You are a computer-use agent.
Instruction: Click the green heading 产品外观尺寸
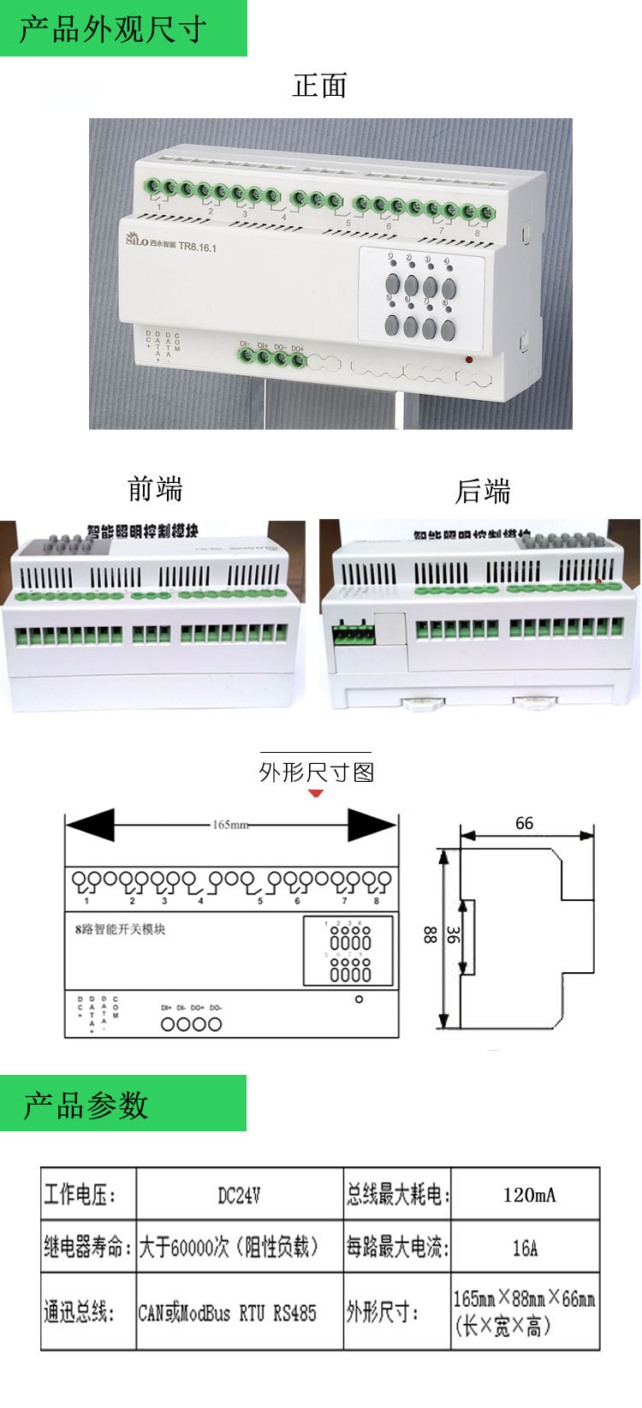(113, 29)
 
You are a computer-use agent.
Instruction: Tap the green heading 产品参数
(86, 1105)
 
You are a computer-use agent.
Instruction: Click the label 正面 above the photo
(319, 86)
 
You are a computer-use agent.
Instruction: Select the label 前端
(155, 489)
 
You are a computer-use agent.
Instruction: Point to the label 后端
(483, 492)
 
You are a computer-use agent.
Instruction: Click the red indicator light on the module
(469, 359)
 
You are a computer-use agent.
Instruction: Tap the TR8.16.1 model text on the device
(198, 248)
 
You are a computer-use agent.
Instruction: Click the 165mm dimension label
(230, 825)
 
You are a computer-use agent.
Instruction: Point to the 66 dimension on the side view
(524, 823)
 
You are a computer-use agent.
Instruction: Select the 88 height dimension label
(430, 935)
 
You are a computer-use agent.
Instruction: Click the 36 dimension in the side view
(453, 935)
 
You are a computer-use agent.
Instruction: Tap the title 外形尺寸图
(317, 773)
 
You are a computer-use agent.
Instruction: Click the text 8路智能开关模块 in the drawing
(120, 929)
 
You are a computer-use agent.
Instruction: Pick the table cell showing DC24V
(239, 1195)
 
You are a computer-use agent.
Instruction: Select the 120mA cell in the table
(529, 1195)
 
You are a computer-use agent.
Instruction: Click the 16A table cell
(525, 1248)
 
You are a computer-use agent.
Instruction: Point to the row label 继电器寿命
(87, 1247)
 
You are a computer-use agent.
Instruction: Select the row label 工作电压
(80, 1195)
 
